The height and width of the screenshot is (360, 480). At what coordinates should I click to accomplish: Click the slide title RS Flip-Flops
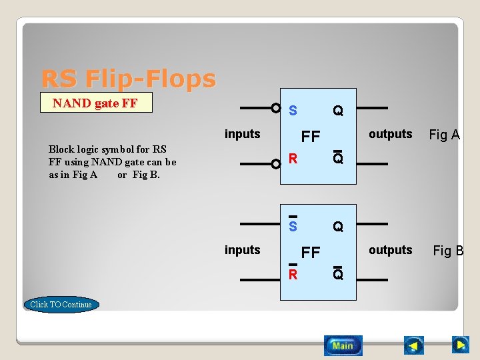[129, 79]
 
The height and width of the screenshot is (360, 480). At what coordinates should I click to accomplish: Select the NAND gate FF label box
[96, 103]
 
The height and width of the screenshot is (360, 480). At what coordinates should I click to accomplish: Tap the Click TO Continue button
[61, 305]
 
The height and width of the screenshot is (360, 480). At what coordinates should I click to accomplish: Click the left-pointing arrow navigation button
[414, 345]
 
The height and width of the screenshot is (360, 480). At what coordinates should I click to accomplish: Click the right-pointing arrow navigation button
[460, 345]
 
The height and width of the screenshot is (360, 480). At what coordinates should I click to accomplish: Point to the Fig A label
[444, 135]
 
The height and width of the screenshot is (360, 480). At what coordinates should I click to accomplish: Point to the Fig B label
[448, 251]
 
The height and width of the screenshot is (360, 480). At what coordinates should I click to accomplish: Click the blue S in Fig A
[293, 111]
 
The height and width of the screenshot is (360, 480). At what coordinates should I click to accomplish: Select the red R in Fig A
[293, 159]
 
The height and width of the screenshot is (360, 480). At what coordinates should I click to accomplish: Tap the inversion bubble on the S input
[275, 107]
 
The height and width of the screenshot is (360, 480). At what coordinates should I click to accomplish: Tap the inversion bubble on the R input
[275, 163]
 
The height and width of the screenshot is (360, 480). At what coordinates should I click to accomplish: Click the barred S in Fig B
[293, 225]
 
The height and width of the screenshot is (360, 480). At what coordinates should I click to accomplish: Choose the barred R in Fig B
[293, 273]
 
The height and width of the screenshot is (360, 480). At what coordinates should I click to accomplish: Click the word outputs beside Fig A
[390, 134]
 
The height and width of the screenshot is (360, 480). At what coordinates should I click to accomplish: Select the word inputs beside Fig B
[242, 250]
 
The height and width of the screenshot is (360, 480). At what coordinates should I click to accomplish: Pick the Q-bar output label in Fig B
[338, 273]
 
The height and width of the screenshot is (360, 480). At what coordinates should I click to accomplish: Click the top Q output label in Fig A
[338, 111]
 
